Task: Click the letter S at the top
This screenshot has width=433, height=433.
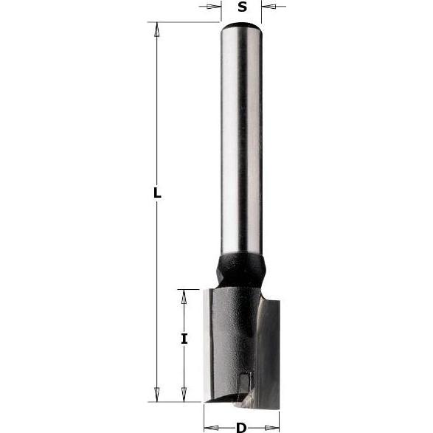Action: coord(241,8)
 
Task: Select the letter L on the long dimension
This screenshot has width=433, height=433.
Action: coord(156,193)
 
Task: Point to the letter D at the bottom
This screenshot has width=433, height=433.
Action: coord(241,427)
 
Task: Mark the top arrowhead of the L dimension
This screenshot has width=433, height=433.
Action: coord(156,30)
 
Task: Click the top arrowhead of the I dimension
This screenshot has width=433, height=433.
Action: coord(184,297)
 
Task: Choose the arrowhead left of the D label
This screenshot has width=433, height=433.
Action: coord(210,427)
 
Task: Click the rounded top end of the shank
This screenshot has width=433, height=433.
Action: coord(241,27)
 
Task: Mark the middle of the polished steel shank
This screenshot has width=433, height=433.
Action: coord(241,140)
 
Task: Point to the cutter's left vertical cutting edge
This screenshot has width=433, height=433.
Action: coord(207,347)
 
